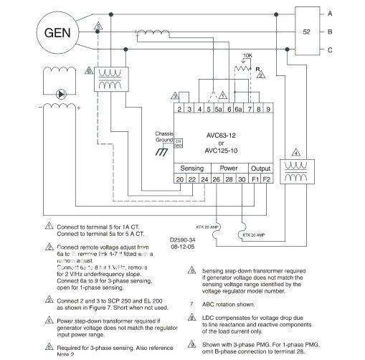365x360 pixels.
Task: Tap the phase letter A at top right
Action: click(x=349, y=14)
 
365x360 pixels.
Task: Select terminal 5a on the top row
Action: click(x=218, y=109)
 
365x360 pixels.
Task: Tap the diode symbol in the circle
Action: click(x=60, y=93)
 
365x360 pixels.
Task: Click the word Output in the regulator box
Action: click(x=260, y=167)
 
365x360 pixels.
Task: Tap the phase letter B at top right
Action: click(x=349, y=32)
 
